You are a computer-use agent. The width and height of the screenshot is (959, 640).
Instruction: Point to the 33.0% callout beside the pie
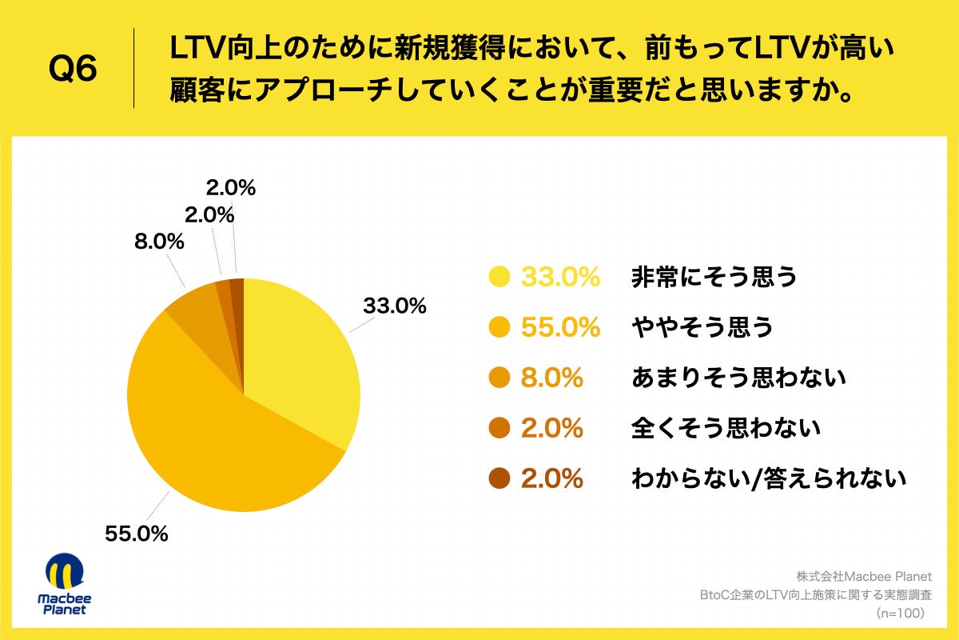point(394,306)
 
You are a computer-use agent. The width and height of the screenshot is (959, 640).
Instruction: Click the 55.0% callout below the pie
point(137,534)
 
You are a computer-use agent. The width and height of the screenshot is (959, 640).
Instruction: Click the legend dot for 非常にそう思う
point(499,277)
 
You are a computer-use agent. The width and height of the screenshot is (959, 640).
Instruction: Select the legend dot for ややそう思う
point(499,327)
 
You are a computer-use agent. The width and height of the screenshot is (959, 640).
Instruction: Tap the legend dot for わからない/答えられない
point(499,478)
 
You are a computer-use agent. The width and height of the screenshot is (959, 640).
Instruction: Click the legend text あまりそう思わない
point(738,378)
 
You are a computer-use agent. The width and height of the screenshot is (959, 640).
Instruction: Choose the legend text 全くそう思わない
point(726,428)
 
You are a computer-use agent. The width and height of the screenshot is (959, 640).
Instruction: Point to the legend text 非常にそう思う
point(714,277)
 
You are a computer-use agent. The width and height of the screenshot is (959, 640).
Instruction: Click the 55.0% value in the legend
point(559,327)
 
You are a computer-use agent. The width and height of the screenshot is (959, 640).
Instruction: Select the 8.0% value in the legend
point(551,378)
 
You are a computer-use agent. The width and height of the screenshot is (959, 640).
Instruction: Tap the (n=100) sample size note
point(900,613)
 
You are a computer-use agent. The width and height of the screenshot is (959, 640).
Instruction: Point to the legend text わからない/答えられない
point(769,478)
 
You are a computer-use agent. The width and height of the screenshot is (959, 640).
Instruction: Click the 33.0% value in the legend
point(559,277)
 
